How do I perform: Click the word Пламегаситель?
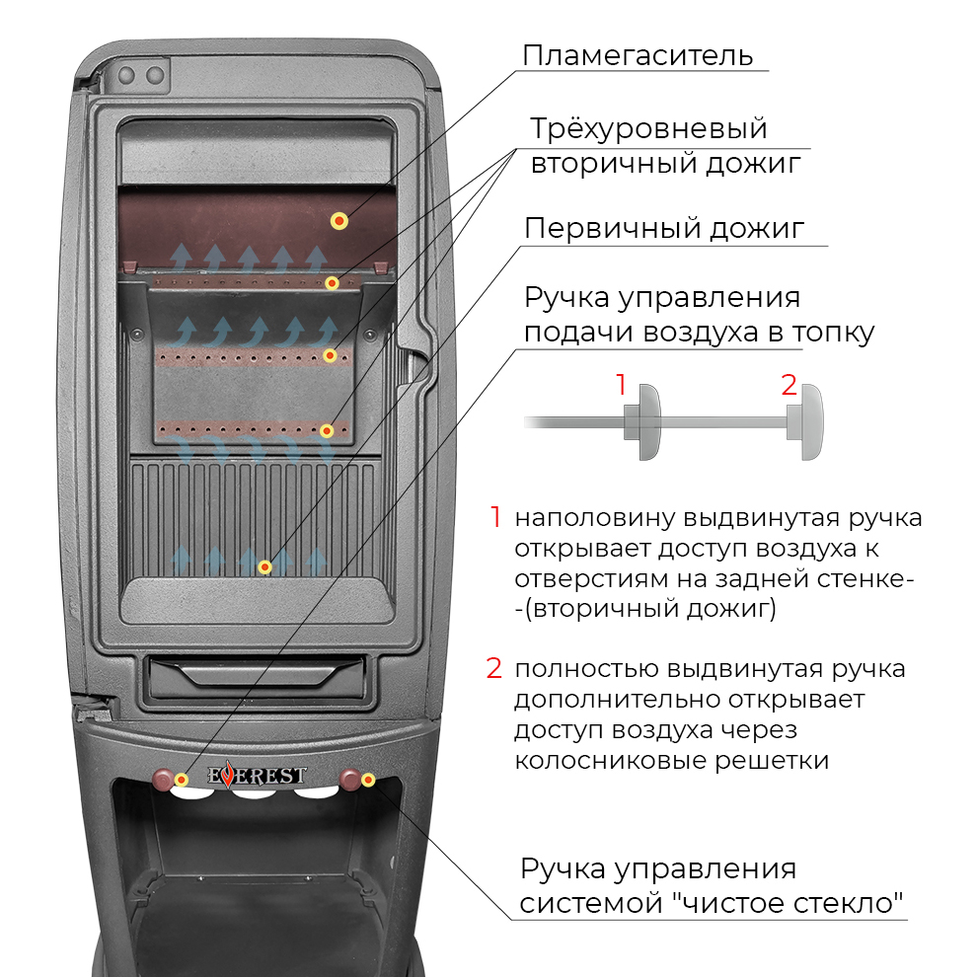pyautogui.click(x=638, y=55)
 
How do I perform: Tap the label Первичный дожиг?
pyautogui.click(x=664, y=229)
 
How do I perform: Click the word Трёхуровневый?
pyautogui.click(x=648, y=129)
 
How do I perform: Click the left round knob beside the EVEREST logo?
pyautogui.click(x=164, y=779)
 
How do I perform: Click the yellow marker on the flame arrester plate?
pyautogui.click(x=338, y=221)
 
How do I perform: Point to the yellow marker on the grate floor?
pyautogui.click(x=263, y=566)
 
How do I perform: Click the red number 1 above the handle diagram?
pyautogui.click(x=621, y=385)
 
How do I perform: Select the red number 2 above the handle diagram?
pyautogui.click(x=789, y=385)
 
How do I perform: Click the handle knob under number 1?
pyautogui.click(x=648, y=421)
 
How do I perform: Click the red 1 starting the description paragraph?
pyautogui.click(x=495, y=517)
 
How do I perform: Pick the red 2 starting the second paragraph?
pyautogui.click(x=494, y=668)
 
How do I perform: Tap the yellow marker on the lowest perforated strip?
pyautogui.click(x=327, y=430)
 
